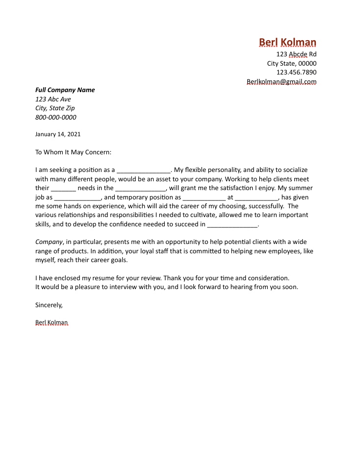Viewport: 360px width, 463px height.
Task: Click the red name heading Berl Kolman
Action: pos(287,42)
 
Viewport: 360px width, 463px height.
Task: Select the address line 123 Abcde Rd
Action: pos(296,54)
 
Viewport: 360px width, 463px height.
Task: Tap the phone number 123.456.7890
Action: pos(296,73)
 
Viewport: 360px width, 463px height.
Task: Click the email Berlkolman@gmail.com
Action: pos(282,82)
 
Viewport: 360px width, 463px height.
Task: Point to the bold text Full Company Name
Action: pos(65,90)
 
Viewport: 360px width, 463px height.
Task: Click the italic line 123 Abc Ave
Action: pos(53,99)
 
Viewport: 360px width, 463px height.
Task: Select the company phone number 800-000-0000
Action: pos(55,118)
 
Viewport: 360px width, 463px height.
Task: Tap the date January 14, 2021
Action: pos(58,134)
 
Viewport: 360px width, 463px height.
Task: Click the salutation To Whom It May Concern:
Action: pos(74,152)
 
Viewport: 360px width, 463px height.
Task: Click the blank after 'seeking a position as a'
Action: pos(143,171)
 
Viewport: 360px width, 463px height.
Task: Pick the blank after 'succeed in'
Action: pos(232,225)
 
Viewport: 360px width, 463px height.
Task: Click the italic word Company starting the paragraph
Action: pos(49,242)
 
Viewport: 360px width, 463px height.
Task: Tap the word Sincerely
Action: pos(49,305)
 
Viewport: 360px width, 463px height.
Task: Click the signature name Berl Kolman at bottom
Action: pos(51,322)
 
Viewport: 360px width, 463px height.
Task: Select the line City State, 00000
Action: pos(292,64)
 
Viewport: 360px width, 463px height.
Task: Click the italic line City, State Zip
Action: pos(55,108)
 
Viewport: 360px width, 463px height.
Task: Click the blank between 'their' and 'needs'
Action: pos(63,189)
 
